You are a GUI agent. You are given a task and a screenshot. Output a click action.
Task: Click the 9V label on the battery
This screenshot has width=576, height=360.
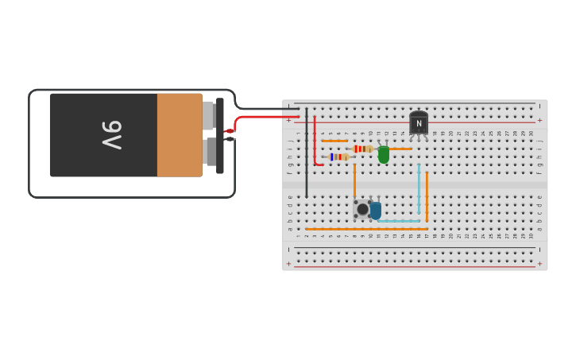[x=112, y=134]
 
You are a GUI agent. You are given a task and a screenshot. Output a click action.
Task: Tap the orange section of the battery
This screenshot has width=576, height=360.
[x=180, y=134]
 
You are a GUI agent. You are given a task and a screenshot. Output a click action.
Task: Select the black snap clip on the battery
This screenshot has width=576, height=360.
[x=220, y=135]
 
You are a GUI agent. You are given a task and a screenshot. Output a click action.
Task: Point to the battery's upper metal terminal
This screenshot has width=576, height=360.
[x=208, y=115]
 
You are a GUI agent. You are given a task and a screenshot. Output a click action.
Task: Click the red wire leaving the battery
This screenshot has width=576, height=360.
[x=262, y=117]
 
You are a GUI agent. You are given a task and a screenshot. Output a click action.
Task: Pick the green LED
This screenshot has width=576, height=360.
[x=384, y=154]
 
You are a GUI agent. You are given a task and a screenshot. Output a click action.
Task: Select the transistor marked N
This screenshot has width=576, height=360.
[x=419, y=123]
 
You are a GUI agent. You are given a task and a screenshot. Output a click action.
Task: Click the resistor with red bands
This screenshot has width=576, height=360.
[x=362, y=149]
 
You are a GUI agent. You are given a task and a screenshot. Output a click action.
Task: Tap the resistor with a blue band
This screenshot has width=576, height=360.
[x=339, y=157]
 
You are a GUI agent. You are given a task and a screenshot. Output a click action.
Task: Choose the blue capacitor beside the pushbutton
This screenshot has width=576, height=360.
[x=376, y=211]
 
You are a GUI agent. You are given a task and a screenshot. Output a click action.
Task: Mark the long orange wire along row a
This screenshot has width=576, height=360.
[x=366, y=229]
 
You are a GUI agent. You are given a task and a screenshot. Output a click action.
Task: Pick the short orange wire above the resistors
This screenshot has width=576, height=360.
[x=334, y=141]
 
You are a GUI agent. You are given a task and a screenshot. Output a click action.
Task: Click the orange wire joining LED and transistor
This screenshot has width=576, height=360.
[x=400, y=149]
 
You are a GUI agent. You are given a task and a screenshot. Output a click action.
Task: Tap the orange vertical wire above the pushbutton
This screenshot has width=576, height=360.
[x=354, y=181]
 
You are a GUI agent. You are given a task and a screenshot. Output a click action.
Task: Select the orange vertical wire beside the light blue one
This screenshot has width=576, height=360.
[x=427, y=196]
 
